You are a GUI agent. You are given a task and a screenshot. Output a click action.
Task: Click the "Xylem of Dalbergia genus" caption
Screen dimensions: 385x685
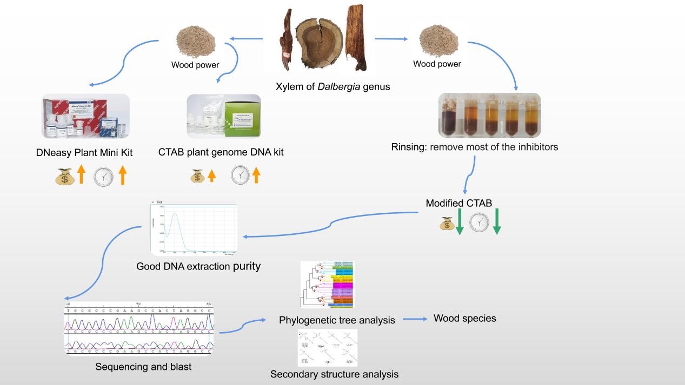tap(332, 86)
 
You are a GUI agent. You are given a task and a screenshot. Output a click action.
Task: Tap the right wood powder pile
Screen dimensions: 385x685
tap(438, 42)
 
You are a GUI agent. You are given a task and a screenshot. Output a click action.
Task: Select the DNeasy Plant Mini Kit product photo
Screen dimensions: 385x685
tap(86, 116)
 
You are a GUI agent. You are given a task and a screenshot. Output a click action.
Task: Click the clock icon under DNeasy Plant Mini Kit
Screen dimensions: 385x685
tap(103, 177)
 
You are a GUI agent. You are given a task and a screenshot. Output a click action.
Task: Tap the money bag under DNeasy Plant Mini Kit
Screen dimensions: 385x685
tap(64, 177)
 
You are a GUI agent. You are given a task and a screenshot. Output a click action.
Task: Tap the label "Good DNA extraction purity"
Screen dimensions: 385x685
tap(198, 266)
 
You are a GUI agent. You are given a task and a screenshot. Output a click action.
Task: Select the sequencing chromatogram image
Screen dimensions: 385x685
tap(138, 328)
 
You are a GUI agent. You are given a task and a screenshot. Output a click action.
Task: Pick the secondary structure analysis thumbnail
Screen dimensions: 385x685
tap(328, 348)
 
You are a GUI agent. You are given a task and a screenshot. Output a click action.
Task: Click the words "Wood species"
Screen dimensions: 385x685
tap(464, 319)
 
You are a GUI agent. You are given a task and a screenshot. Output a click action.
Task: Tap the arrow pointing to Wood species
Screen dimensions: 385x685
tap(415, 319)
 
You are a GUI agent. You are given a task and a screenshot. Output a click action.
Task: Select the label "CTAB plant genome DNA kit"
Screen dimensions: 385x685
tap(221, 152)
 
